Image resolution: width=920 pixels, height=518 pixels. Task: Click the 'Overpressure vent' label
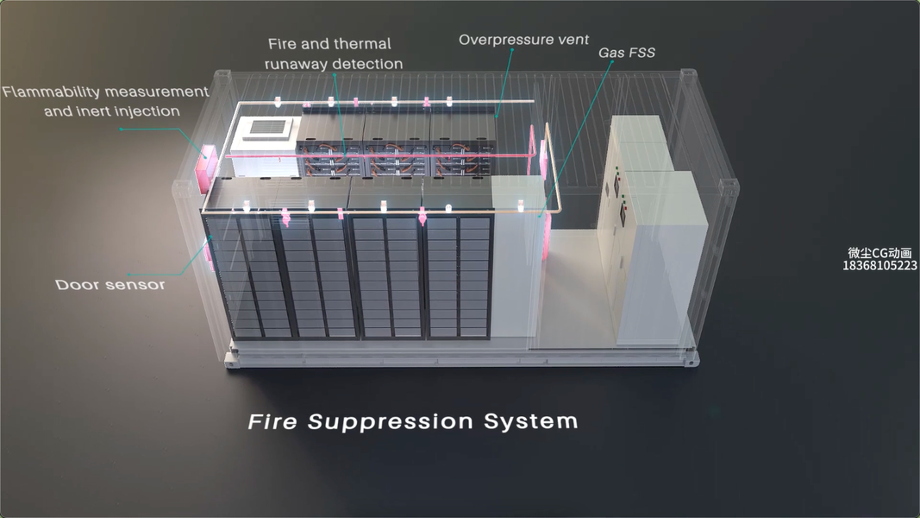pyautogui.click(x=523, y=40)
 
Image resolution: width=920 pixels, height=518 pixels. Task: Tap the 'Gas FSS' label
pyautogui.click(x=627, y=53)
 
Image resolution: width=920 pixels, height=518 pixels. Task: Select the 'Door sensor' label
pyautogui.click(x=110, y=284)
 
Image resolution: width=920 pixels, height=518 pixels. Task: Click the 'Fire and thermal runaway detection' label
pyautogui.click(x=335, y=54)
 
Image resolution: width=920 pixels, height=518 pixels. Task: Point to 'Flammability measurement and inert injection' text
pyautogui.click(x=105, y=101)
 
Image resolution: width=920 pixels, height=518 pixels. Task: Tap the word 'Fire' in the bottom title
pyautogui.click(x=273, y=422)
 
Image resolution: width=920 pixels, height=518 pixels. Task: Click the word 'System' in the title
pyautogui.click(x=530, y=422)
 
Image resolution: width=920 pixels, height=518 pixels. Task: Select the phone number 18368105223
pyautogui.click(x=879, y=265)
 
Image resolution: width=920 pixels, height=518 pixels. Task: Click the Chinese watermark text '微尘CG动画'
pyautogui.click(x=879, y=253)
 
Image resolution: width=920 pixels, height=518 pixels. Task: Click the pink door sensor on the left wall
pyautogui.click(x=207, y=251)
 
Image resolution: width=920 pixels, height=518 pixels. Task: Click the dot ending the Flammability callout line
pyautogui.click(x=122, y=129)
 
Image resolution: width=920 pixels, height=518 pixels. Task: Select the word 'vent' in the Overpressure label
pyautogui.click(x=572, y=40)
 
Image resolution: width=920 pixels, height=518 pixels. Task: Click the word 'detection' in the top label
pyautogui.click(x=368, y=64)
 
